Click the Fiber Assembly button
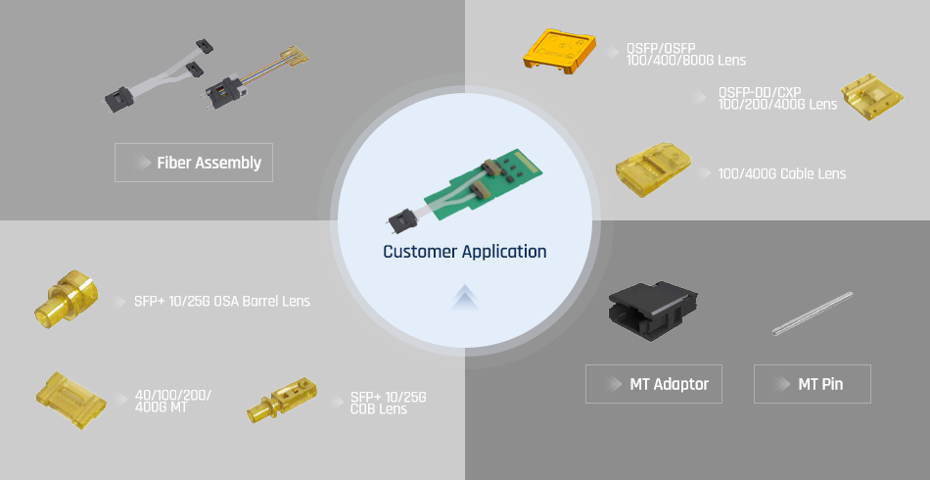point(194,163)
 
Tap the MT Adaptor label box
point(653,384)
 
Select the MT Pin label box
point(812,384)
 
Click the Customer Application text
point(464,252)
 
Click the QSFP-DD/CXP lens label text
point(777,98)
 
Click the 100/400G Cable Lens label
point(781,174)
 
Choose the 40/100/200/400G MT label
point(173,401)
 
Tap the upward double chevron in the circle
point(465,298)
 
